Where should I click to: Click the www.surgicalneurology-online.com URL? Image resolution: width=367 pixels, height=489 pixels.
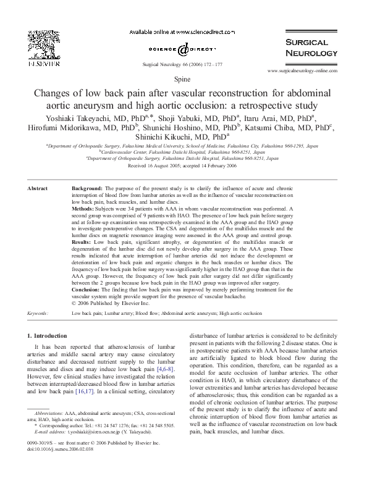click(x=303, y=72)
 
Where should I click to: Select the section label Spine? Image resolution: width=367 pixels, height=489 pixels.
click(x=183, y=80)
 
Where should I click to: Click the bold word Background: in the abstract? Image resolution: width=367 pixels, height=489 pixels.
click(x=88, y=187)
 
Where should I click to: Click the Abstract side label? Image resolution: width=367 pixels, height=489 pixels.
click(x=39, y=187)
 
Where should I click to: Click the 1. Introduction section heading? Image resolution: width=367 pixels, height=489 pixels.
click(x=49, y=335)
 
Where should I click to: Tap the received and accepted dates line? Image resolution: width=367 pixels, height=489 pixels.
click(x=183, y=166)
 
